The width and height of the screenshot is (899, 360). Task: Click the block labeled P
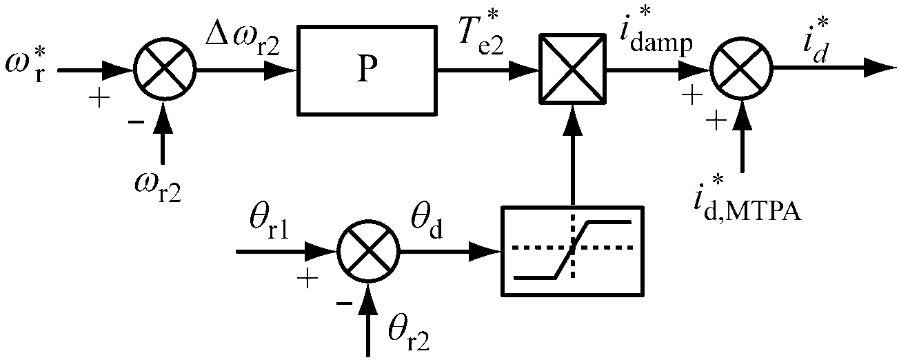tap(367, 70)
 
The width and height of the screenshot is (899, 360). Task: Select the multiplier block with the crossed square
tap(572, 70)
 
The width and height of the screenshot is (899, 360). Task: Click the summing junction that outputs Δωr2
tap(164, 70)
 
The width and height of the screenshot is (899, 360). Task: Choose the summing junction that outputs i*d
tap(742, 70)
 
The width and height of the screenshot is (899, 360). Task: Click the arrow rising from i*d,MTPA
tap(742, 138)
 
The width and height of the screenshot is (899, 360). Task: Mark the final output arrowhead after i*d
tap(879, 70)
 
